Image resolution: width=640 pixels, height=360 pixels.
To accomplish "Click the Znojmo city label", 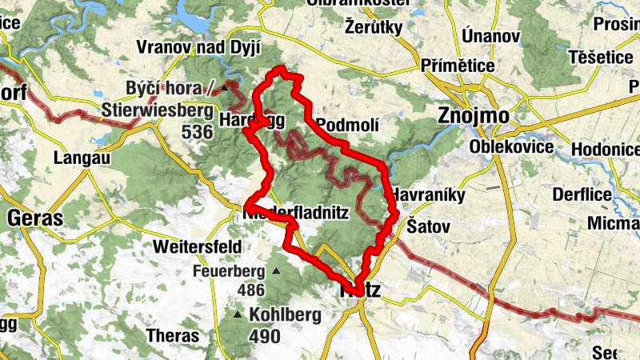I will [474, 116].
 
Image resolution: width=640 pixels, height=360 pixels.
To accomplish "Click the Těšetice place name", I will [600, 58].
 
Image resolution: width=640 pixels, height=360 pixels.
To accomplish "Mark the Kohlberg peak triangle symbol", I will [238, 314].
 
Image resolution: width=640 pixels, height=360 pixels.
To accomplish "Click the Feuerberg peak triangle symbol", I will [276, 270].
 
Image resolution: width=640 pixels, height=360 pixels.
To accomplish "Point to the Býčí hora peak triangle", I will [225, 88].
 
